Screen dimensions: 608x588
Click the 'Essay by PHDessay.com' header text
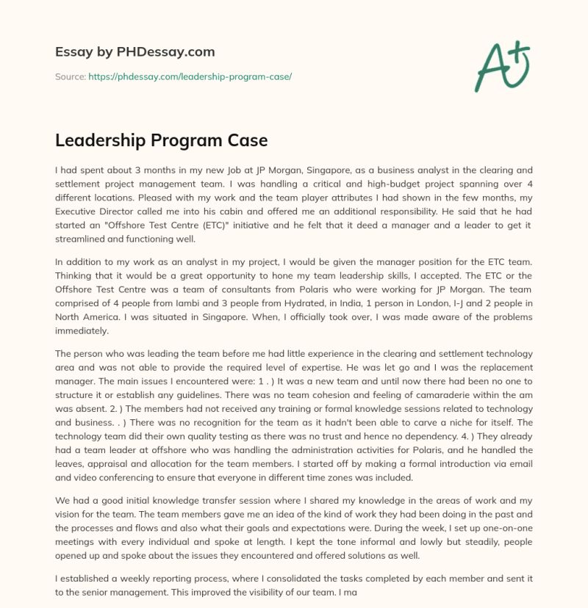pyautogui.click(x=135, y=52)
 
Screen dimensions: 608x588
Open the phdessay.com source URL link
pyautogui.click(x=190, y=76)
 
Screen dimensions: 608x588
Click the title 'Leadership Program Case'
pyautogui.click(x=162, y=140)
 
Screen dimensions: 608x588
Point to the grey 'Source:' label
pyautogui.click(x=71, y=76)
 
